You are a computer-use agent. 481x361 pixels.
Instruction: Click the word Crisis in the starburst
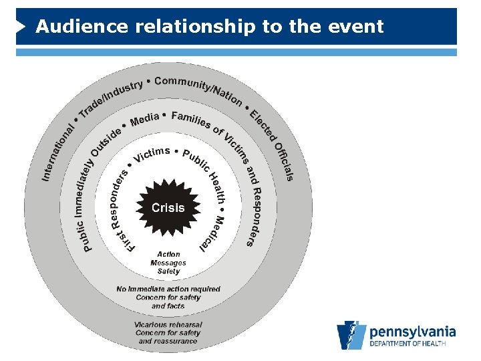pyautogui.click(x=168, y=208)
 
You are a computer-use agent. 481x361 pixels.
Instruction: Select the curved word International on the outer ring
pyautogui.click(x=58, y=152)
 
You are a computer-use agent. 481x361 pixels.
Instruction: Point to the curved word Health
pyautogui.click(x=217, y=188)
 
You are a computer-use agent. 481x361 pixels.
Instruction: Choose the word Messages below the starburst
pyautogui.click(x=168, y=263)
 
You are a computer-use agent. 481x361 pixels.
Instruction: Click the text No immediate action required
pyautogui.click(x=168, y=289)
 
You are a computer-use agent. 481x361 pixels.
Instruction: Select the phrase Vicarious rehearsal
pyautogui.click(x=168, y=325)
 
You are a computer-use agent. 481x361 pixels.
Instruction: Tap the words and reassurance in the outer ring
pyautogui.click(x=168, y=341)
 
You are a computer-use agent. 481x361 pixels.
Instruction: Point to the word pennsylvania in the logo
pyautogui.click(x=412, y=332)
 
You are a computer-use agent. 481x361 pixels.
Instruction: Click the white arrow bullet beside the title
pyautogui.click(x=22, y=27)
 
